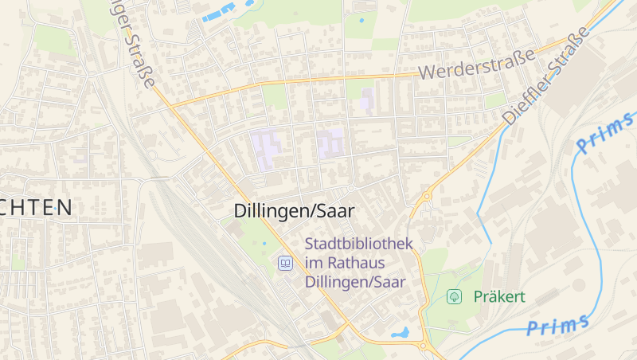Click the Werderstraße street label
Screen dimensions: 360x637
[476, 65]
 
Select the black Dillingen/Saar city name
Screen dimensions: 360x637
[294, 211]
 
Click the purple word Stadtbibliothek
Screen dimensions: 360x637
[359, 244]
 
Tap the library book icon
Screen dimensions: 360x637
[284, 262]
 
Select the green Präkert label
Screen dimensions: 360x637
[499, 297]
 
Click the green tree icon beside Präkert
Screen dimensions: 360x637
[455, 297]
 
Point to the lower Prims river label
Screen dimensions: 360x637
[558, 325]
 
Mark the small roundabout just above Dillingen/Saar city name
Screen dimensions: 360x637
[351, 188]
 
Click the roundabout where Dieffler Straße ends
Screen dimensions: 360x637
[427, 195]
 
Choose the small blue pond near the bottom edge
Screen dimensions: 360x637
[401, 332]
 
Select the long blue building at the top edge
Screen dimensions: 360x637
[219, 12]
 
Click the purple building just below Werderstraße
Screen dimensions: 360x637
[367, 100]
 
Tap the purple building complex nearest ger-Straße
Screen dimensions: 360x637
[266, 148]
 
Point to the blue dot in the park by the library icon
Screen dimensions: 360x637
[264, 243]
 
